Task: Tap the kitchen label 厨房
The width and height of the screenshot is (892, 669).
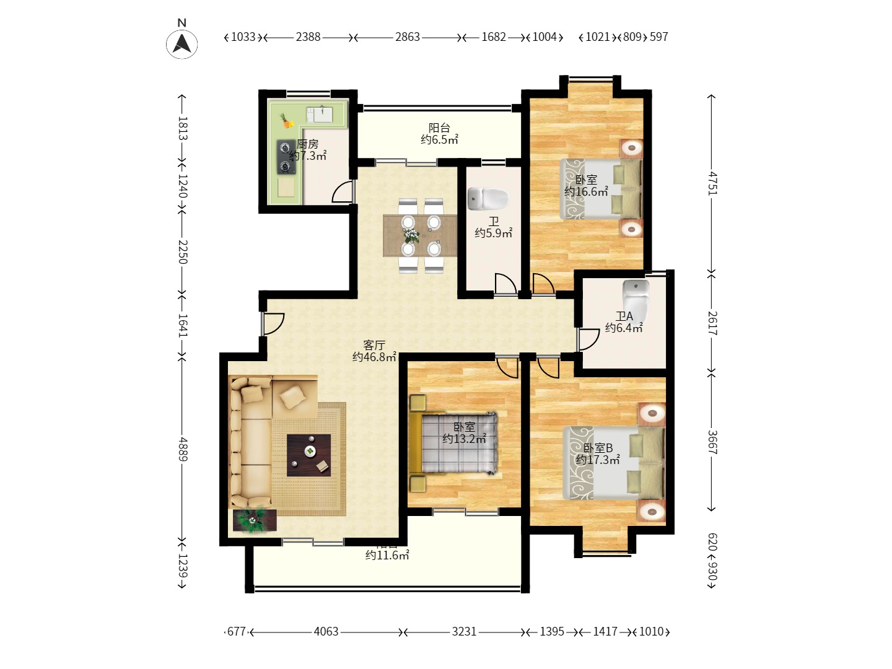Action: tap(308, 144)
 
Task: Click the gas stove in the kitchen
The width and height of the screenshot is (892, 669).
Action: tap(286, 157)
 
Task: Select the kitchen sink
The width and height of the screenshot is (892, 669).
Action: tap(320, 115)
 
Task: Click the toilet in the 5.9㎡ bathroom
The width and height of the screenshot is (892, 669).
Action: tap(488, 199)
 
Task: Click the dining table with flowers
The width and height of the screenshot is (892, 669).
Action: tap(419, 235)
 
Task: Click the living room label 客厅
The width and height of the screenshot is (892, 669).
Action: tap(374, 345)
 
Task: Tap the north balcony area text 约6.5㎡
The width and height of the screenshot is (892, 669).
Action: tap(439, 140)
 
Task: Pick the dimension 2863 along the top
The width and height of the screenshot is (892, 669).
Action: tap(407, 37)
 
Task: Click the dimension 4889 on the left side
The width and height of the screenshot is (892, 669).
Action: tap(183, 448)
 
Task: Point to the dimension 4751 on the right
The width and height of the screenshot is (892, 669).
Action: tap(712, 183)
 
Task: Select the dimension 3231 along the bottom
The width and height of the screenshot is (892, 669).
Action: tap(463, 632)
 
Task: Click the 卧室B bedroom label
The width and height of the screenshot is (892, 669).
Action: tap(598, 448)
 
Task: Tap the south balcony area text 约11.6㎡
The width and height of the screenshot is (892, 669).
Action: tap(387, 555)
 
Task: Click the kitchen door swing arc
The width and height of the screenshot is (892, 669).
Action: tap(342, 193)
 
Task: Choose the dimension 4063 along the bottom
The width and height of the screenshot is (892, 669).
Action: tap(326, 632)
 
